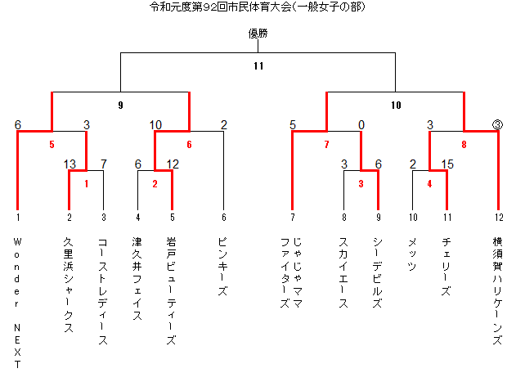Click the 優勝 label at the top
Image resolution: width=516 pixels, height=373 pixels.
click(x=258, y=34)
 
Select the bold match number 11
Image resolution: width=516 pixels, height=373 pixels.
click(x=258, y=65)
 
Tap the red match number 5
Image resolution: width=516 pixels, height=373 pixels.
click(x=52, y=144)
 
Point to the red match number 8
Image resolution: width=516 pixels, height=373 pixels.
click(x=464, y=144)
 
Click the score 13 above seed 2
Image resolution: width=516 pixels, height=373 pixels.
click(x=70, y=164)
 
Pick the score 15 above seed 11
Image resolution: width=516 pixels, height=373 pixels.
click(x=447, y=164)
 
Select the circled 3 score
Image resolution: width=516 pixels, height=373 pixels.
click(x=497, y=125)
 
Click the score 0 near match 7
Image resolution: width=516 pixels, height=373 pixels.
click(x=361, y=125)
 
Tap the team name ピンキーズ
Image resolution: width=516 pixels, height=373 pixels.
click(x=222, y=267)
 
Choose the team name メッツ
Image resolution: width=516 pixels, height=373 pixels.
click(x=412, y=254)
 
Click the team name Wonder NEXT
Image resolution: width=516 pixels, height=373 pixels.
click(x=17, y=303)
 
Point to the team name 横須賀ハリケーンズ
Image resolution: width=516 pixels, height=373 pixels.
click(x=497, y=290)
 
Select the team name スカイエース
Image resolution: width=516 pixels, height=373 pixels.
click(x=343, y=272)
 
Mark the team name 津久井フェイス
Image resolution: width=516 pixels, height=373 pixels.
click(x=137, y=279)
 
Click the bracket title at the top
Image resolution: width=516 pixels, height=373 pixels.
click(x=258, y=7)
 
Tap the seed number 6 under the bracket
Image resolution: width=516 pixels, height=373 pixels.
click(x=224, y=217)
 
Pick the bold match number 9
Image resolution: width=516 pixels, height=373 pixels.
click(x=120, y=105)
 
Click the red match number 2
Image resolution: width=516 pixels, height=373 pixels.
click(x=155, y=184)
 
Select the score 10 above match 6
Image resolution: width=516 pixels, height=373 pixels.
click(x=155, y=125)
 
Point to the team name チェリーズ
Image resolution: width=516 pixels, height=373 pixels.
click(x=446, y=267)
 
